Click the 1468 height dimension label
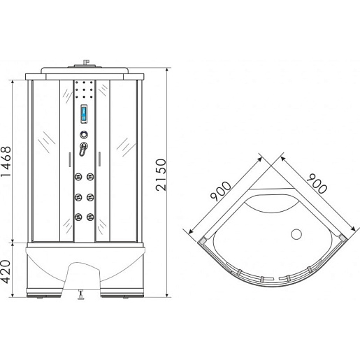tap(6, 161)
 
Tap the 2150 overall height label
tap(161, 175)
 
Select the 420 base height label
tap(6, 272)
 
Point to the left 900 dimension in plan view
tap(220, 191)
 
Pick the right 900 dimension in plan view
tap(317, 183)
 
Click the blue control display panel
tap(84, 114)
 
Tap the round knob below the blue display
tap(84, 135)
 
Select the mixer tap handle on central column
tap(83, 149)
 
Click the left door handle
tap(70, 159)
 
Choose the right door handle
tap(99, 159)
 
